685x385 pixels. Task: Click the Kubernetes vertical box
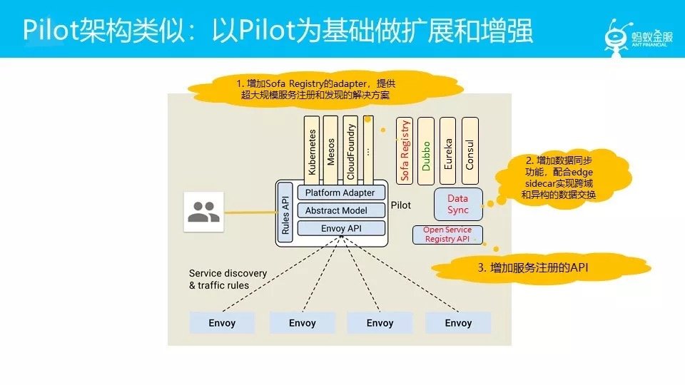pyautogui.click(x=312, y=148)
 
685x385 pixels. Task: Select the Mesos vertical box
pyautogui.click(x=330, y=148)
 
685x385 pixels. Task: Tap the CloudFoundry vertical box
pyautogui.click(x=350, y=148)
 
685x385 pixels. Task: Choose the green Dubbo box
pyautogui.click(x=426, y=150)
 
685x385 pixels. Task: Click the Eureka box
pyautogui.click(x=448, y=150)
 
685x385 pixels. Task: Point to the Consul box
pyautogui.click(x=470, y=150)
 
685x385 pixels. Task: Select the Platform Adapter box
pyautogui.click(x=340, y=193)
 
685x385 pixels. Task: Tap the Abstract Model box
pyautogui.click(x=336, y=210)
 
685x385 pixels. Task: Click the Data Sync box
pyautogui.click(x=458, y=205)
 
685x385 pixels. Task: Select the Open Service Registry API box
pyautogui.click(x=447, y=235)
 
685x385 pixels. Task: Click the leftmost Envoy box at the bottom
pyautogui.click(x=222, y=323)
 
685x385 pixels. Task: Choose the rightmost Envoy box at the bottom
pyautogui.click(x=458, y=323)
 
